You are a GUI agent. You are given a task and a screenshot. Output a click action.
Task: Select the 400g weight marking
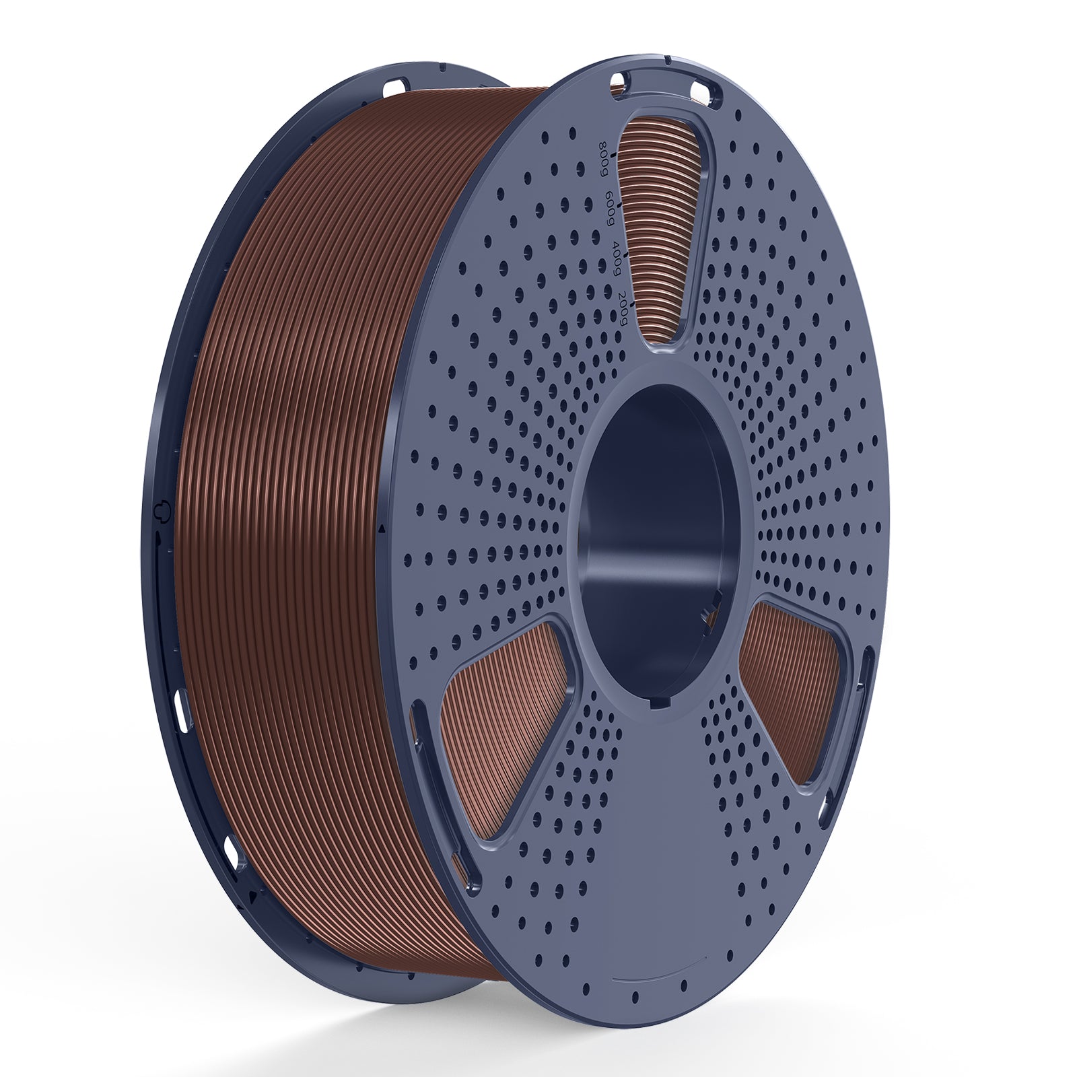615,261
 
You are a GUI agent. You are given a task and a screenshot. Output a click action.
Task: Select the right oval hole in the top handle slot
704,88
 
